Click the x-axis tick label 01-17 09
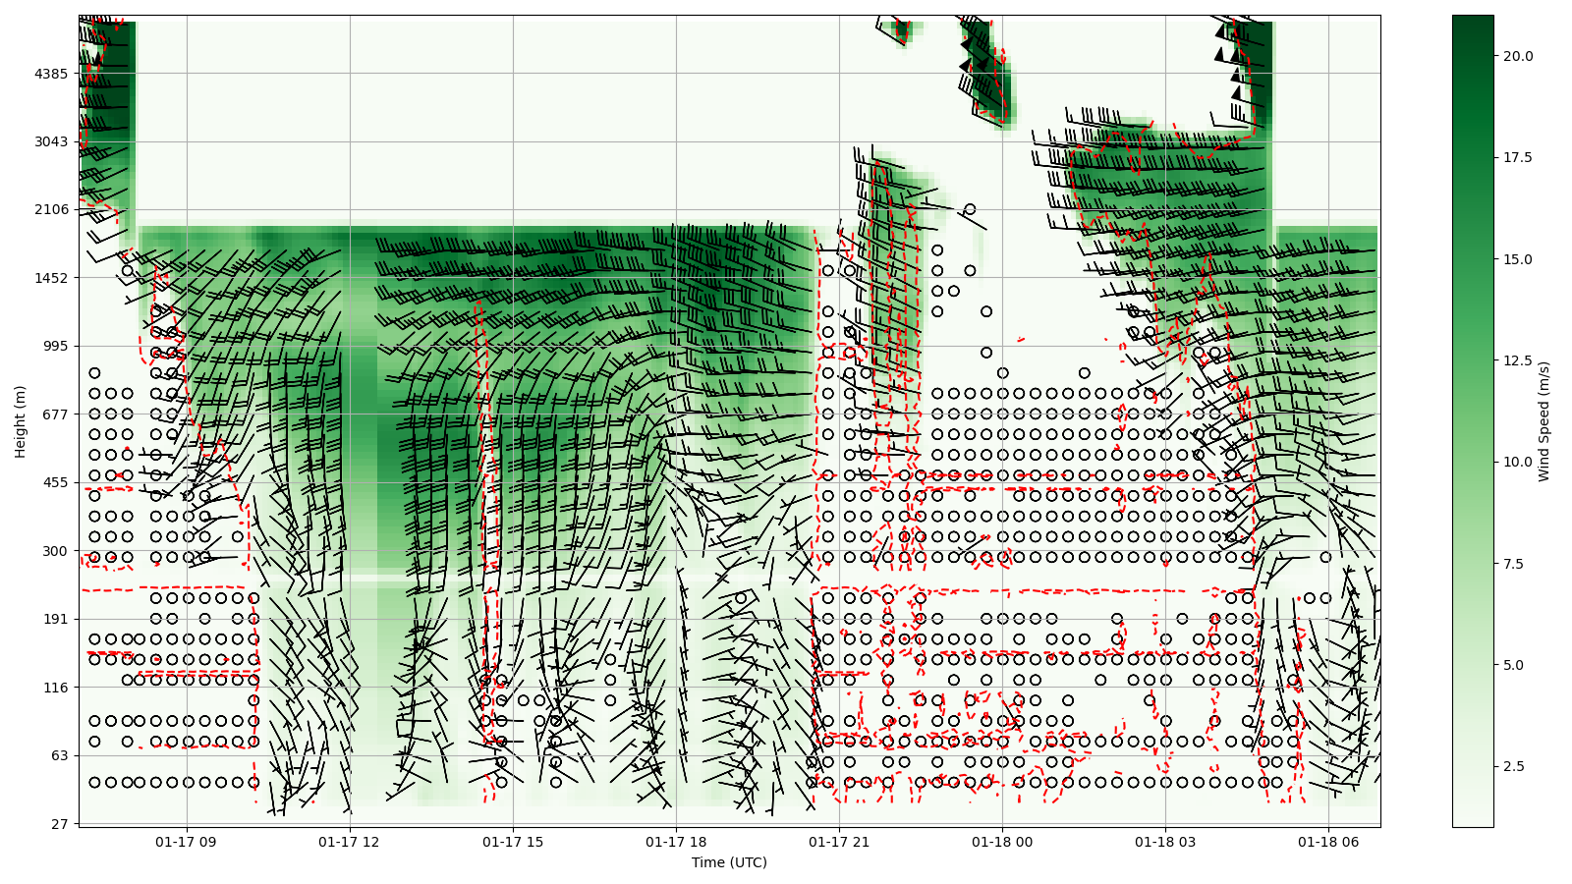187,842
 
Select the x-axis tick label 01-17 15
513,842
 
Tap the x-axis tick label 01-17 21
839,842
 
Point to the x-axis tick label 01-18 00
1002,842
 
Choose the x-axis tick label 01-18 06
1328,842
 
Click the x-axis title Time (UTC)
729,862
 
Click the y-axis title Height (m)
21,421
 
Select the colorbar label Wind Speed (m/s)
1544,421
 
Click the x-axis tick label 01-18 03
1165,842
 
